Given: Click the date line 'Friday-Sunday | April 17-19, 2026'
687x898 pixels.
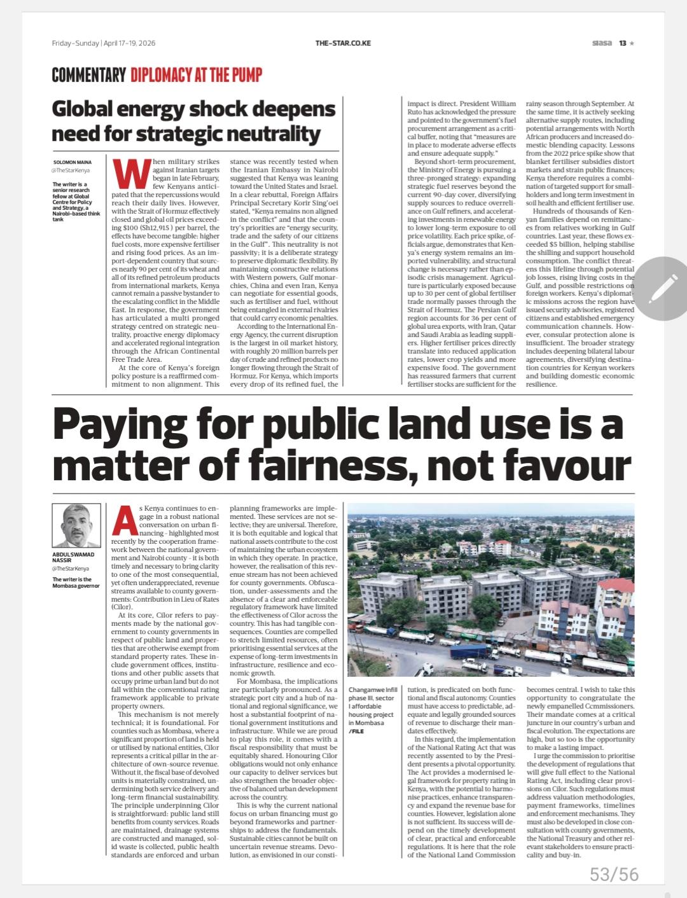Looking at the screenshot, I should pos(104,43).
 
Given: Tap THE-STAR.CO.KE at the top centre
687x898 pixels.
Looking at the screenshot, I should pos(343,43).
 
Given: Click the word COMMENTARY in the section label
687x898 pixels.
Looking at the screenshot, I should pos(88,75).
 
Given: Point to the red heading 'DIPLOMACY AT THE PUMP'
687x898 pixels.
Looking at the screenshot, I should pos(197,75).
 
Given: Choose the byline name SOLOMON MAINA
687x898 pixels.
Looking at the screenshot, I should pos(72,163).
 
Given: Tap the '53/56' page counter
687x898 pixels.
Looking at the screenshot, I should pos(614,874).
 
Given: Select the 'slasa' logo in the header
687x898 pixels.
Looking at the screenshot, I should pos(601,43).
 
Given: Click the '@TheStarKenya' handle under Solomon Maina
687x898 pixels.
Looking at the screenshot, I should pos(71,171).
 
